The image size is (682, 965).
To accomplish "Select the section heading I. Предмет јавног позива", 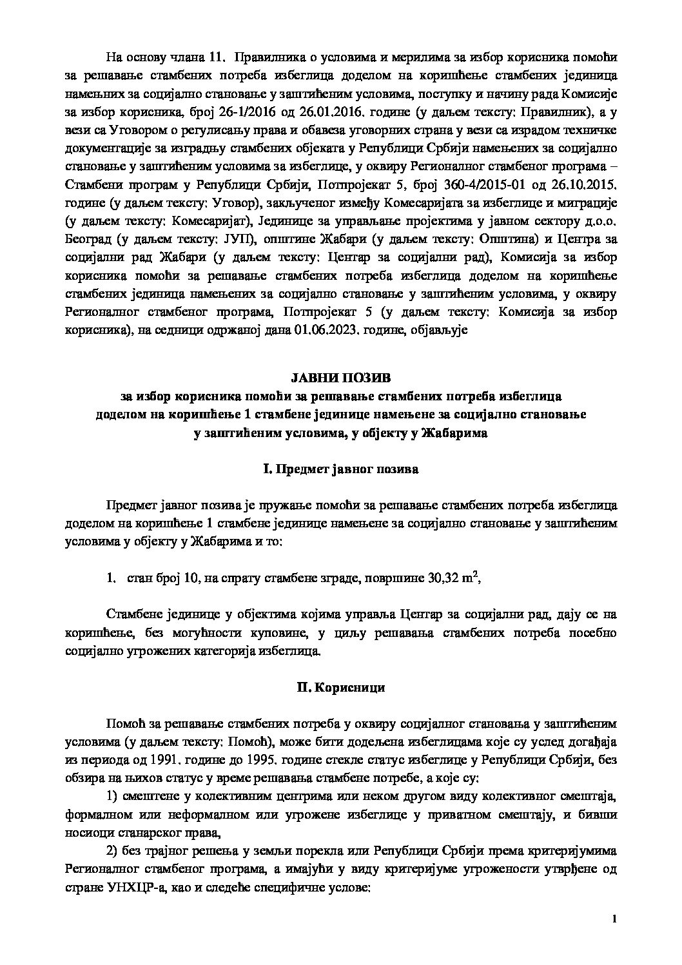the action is [x=340, y=469].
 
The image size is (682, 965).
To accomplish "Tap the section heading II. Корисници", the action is [x=340, y=687].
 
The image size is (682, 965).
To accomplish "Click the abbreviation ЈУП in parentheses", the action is [x=242, y=240].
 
